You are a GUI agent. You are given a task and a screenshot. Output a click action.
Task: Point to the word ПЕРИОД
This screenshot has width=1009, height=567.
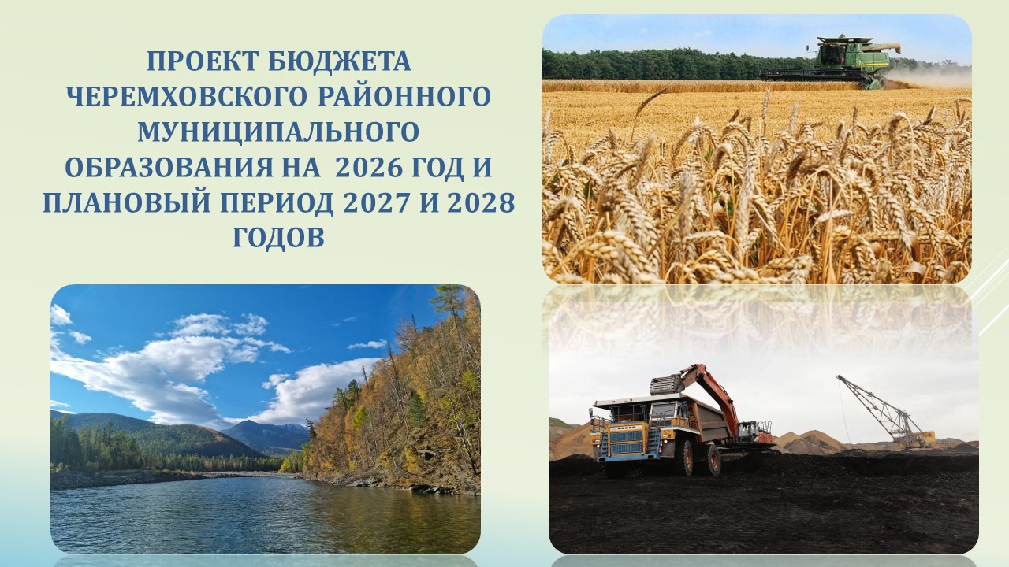coord(270,203)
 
